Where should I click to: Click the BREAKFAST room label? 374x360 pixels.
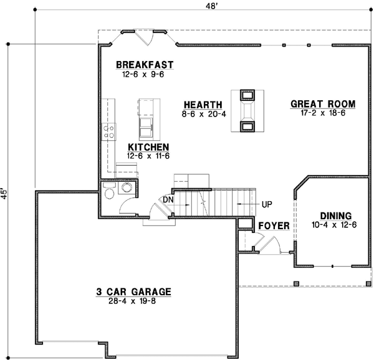pyautogui.click(x=144, y=65)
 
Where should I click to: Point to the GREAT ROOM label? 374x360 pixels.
pyautogui.click(x=322, y=104)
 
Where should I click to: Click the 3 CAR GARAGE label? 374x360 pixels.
pyautogui.click(x=133, y=291)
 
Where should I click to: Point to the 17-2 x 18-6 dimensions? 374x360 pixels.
pyautogui.click(x=322, y=113)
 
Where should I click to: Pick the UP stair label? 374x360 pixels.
pyautogui.click(x=266, y=204)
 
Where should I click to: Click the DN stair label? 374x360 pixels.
pyautogui.click(x=167, y=199)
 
